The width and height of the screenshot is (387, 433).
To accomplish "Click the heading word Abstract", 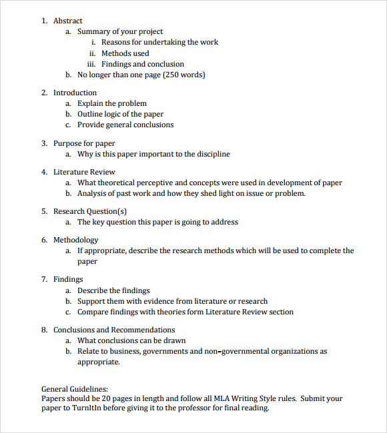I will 68,21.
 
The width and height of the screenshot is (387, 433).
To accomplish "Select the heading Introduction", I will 75,93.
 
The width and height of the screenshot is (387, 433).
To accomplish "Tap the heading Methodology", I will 75,240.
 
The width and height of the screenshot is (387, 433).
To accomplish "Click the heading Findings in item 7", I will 68,279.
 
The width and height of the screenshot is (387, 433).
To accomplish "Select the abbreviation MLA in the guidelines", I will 225,398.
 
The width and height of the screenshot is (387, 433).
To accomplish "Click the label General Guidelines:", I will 75,389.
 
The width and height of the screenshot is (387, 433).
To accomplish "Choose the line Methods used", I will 125,53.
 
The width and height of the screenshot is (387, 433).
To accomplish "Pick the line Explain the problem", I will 111,103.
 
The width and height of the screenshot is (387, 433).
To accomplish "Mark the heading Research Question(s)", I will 90,211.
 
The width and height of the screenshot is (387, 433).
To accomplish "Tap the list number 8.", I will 44,330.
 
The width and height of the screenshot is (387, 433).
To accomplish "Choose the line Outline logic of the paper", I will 120,114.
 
